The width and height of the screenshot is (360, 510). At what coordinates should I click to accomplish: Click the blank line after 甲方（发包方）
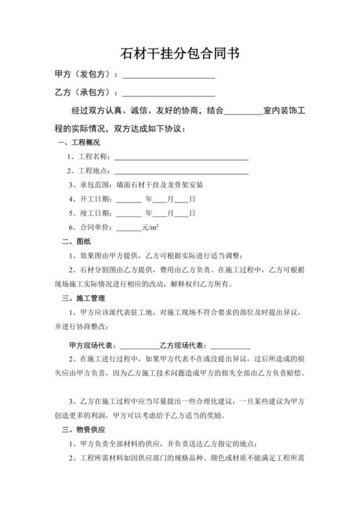coord(168,75)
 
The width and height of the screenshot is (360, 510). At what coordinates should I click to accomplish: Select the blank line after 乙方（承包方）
coord(168,94)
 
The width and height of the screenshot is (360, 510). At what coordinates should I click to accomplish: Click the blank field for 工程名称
coord(181,157)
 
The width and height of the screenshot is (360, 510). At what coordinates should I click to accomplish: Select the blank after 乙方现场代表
coord(230,345)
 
